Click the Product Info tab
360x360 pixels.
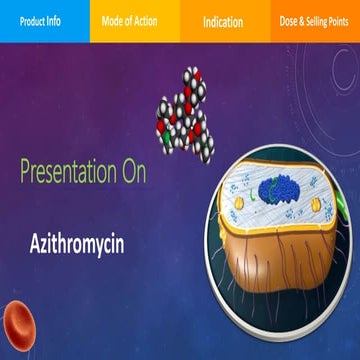[45, 20]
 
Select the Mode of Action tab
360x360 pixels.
[135, 20]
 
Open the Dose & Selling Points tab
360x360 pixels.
[315, 20]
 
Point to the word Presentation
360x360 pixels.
[73, 171]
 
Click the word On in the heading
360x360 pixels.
[134, 171]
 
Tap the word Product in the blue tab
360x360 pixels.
[33, 20]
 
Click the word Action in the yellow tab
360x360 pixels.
[152, 20]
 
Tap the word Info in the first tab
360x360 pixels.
[64, 20]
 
